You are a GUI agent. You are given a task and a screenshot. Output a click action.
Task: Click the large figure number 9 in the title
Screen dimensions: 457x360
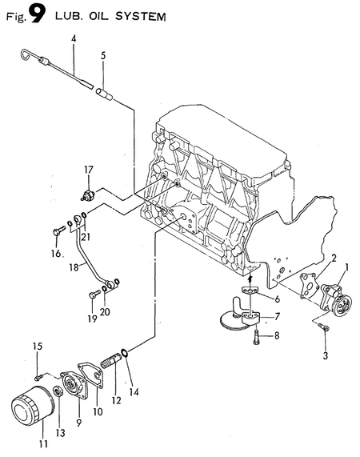coord(35,15)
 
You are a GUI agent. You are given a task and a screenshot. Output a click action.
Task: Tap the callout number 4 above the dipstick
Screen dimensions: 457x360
coord(74,38)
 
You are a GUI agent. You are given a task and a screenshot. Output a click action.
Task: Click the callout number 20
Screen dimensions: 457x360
coord(105,311)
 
